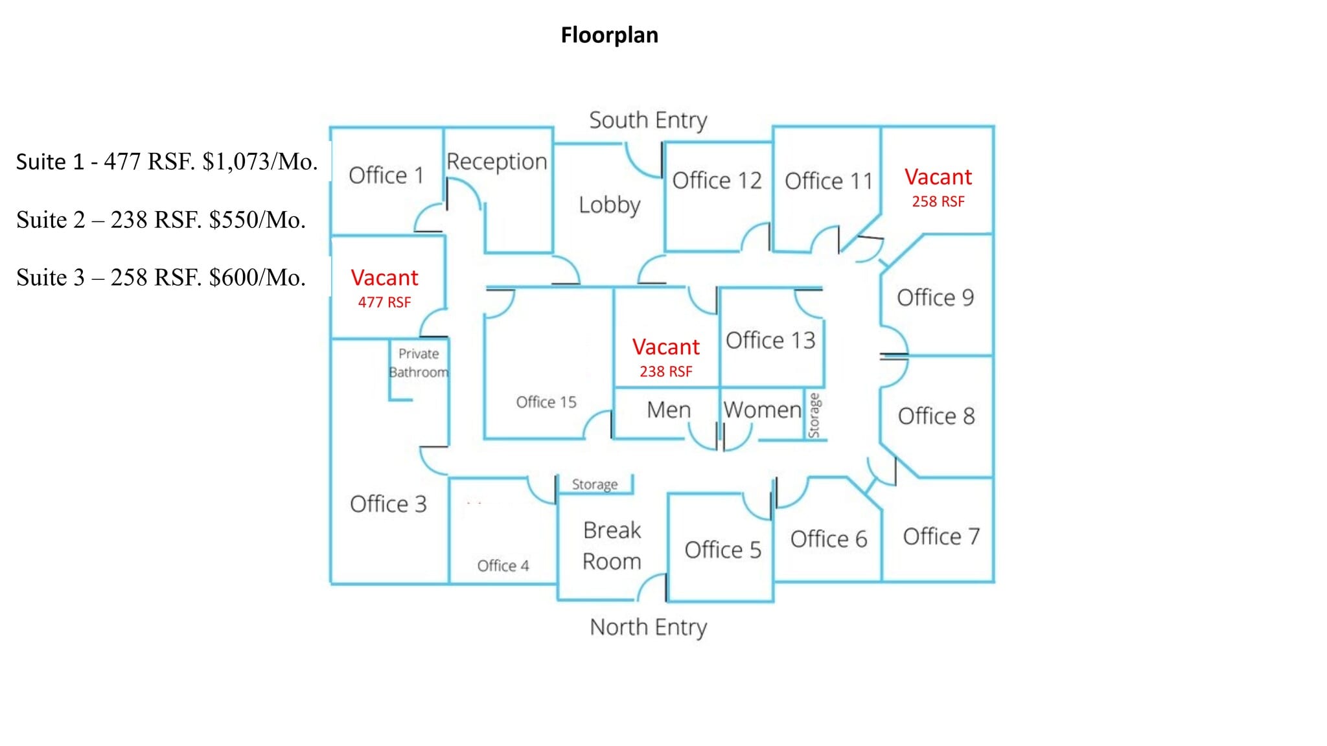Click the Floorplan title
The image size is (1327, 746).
(609, 35)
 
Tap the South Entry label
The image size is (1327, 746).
(648, 120)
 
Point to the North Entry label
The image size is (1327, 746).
(648, 627)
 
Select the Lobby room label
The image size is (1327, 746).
(609, 205)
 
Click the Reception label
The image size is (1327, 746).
(497, 162)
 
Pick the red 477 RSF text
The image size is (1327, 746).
(384, 302)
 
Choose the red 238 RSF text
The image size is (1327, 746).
(665, 372)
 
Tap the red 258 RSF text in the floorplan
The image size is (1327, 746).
(938, 202)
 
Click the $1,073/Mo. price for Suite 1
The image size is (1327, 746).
(260, 162)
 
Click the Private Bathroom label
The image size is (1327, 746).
(419, 363)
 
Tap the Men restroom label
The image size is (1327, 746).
(669, 410)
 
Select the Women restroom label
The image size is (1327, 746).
(763, 410)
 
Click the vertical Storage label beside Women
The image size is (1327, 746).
(814, 415)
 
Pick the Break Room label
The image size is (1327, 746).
(612, 546)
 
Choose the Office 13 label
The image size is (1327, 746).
(770, 341)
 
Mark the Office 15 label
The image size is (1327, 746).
(546, 402)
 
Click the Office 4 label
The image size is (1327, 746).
(503, 566)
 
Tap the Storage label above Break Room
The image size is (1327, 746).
(595, 485)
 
